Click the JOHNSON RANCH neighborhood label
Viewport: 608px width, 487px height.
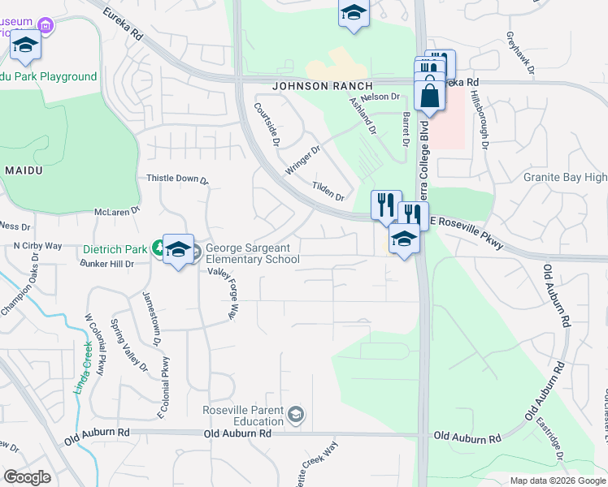coord(323,85)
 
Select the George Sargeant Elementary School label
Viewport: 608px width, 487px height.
coord(252,254)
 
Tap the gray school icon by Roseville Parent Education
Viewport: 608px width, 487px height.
coord(297,416)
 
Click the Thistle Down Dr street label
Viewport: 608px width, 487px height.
coord(177,179)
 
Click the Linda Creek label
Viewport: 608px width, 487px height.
coord(84,368)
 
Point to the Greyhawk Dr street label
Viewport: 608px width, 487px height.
coord(519,54)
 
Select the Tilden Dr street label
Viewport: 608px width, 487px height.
coord(328,192)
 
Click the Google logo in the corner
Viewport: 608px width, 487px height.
coord(27,477)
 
